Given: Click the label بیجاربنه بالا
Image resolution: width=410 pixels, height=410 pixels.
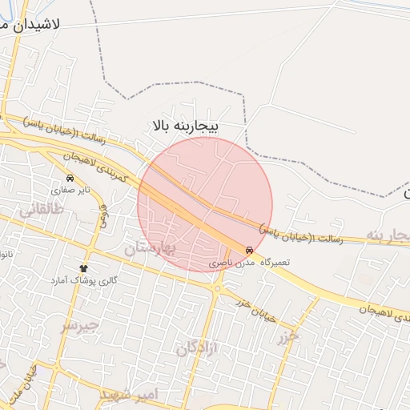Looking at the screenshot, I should [x=190, y=126].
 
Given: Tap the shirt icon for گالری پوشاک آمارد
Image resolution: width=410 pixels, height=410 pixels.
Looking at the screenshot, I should [x=83, y=267].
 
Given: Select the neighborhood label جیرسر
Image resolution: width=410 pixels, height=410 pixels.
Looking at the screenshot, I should [x=78, y=325].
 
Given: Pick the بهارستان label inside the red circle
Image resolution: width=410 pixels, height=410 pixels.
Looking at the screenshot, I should [x=149, y=249].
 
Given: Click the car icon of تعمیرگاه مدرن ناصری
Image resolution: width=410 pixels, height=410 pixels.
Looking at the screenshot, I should [x=250, y=249].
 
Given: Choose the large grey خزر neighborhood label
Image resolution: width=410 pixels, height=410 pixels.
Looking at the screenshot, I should [x=287, y=337].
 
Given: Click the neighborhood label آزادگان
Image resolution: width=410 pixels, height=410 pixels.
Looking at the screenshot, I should [x=197, y=348].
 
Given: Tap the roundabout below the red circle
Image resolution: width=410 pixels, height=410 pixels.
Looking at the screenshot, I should [x=218, y=287].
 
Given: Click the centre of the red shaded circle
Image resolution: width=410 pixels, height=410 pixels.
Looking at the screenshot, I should [x=205, y=204].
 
